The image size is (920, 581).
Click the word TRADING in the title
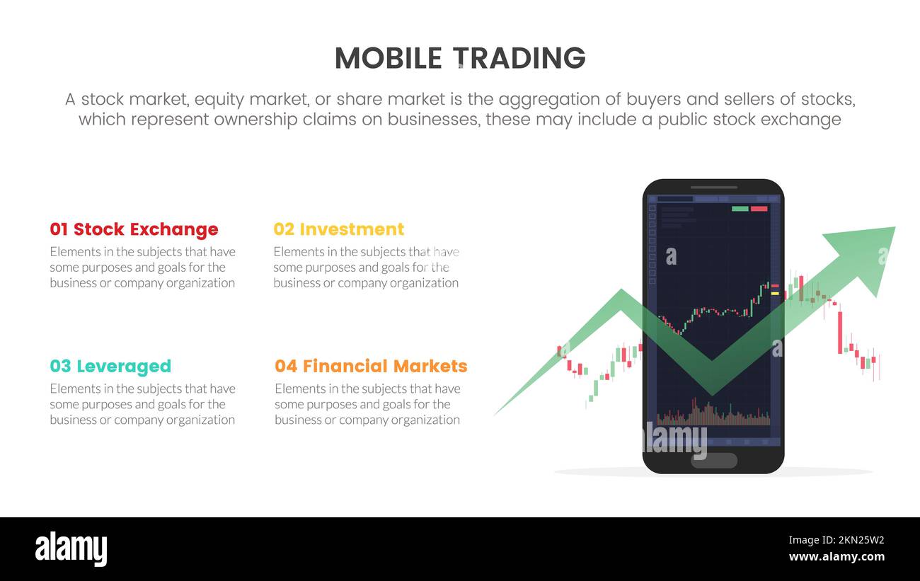pyautogui.click(x=519, y=58)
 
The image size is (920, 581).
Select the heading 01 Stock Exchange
pyautogui.click(x=134, y=229)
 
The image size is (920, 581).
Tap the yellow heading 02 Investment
pyautogui.click(x=338, y=229)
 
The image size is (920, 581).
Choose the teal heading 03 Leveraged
pyautogui.click(x=110, y=366)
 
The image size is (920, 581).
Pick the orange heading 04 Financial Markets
pyautogui.click(x=371, y=366)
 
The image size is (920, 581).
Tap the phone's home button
pyautogui.click(x=713, y=461)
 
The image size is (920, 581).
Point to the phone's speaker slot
pyautogui.click(x=713, y=188)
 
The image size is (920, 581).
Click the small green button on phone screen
pyautogui.click(x=740, y=209)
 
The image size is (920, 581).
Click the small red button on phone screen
pyautogui.click(x=759, y=209)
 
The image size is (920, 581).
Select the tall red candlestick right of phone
pyautogui.click(x=840, y=332)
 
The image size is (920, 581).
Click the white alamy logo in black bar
pyautogui.click(x=71, y=549)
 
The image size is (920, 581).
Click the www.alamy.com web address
pyautogui.click(x=836, y=557)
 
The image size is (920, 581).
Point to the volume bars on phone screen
pyautogui.click(x=713, y=416)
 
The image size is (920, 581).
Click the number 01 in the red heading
pyautogui.click(x=59, y=229)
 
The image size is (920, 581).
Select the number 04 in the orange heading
pyautogui.click(x=286, y=366)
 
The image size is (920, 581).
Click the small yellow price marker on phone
pyautogui.click(x=775, y=293)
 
